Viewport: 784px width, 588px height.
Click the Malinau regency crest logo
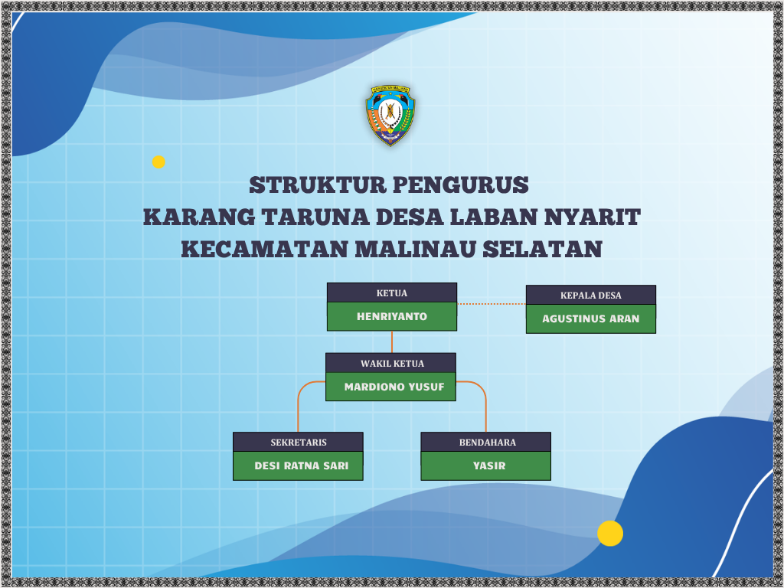tap(390, 115)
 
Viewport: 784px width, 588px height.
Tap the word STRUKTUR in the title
tap(318, 185)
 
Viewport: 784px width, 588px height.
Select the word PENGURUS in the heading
tap(460, 185)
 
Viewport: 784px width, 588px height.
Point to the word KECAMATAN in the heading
tap(264, 249)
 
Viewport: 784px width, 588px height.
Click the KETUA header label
tap(391, 293)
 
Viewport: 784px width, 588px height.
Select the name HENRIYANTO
tap(392, 316)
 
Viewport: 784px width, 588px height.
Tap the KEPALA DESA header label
tap(590, 296)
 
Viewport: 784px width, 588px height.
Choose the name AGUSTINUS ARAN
tap(590, 318)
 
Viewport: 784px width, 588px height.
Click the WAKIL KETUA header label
tap(392, 364)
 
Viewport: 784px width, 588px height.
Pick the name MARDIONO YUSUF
tap(394, 387)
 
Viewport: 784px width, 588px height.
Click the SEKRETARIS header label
tap(299, 443)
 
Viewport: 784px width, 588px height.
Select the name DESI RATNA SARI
tap(301, 465)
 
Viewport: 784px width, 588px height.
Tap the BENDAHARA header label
tap(488, 443)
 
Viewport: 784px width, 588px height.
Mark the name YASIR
tap(489, 465)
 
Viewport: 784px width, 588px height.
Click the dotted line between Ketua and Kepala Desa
tap(492, 303)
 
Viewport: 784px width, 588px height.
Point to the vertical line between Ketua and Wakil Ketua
tap(391, 342)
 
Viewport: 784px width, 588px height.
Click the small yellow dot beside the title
tap(158, 162)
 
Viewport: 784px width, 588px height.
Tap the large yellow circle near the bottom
tap(610, 533)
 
